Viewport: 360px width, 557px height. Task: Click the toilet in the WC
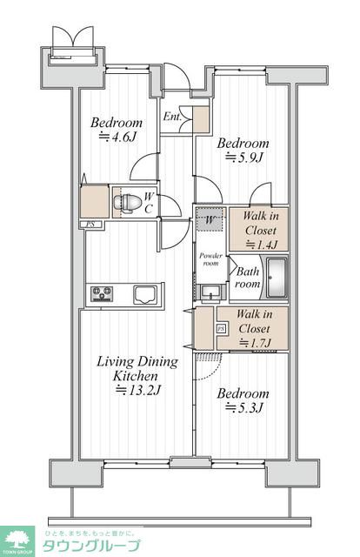pos(123,203)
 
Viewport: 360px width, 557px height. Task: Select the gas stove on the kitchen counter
pos(102,294)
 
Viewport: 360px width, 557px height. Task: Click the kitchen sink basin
pos(145,294)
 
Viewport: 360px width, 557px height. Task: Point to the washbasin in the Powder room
pos(211,292)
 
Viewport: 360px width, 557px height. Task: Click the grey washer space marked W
pos(210,218)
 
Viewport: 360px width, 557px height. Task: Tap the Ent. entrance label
pos(172,117)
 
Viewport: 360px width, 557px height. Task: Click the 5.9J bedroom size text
pos(244,157)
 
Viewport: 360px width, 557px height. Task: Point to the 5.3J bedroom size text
pos(244,407)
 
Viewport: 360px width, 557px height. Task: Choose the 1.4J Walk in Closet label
pos(261,230)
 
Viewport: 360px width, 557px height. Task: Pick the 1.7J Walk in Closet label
pos(255,328)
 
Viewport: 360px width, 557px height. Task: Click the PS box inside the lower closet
pos(221,329)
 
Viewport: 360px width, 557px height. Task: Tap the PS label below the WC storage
pos(90,225)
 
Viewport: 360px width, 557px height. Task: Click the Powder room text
pos(211,259)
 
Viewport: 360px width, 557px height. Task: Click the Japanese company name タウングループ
pos(91,546)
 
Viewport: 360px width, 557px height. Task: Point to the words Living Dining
pos(137,362)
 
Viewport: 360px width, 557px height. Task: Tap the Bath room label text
pos(248,278)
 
